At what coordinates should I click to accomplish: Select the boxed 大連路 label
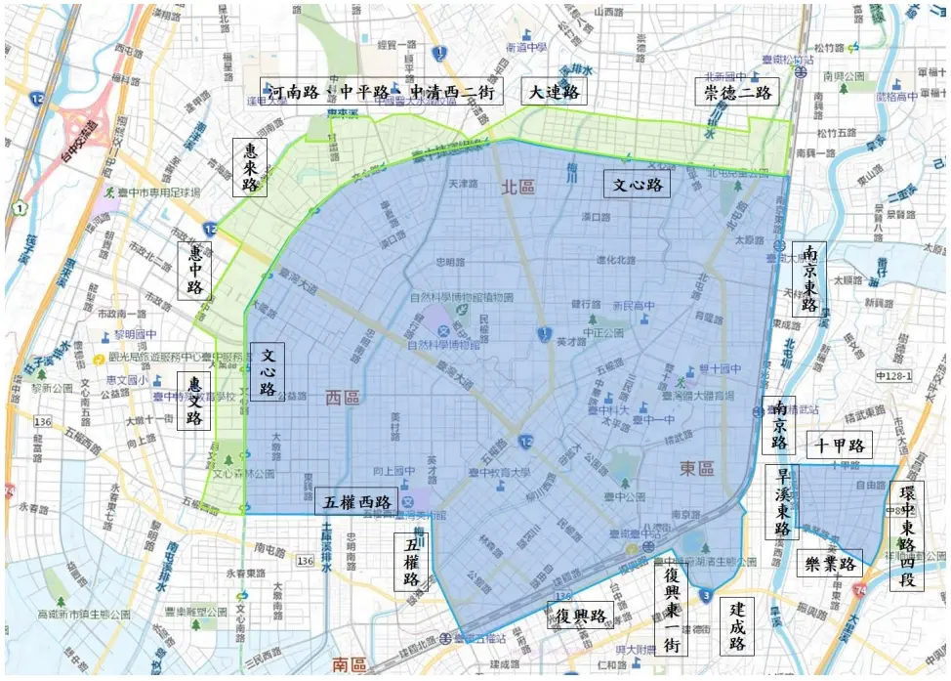click(x=555, y=92)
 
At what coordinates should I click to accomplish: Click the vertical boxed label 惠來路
click(x=251, y=167)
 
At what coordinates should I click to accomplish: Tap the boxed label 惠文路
click(x=193, y=401)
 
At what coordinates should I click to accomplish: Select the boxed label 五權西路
click(x=356, y=501)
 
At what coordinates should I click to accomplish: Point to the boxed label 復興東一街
click(x=670, y=612)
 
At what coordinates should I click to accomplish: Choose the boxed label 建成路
click(x=737, y=626)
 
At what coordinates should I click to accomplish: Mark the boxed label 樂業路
click(x=830, y=564)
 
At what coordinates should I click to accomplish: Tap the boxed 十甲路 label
click(x=841, y=446)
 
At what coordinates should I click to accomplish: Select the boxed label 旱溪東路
click(x=782, y=501)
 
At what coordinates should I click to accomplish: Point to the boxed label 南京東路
click(x=808, y=278)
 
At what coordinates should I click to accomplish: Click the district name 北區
click(x=520, y=187)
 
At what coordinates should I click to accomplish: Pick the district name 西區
click(x=342, y=397)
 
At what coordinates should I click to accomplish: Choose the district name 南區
click(x=350, y=665)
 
